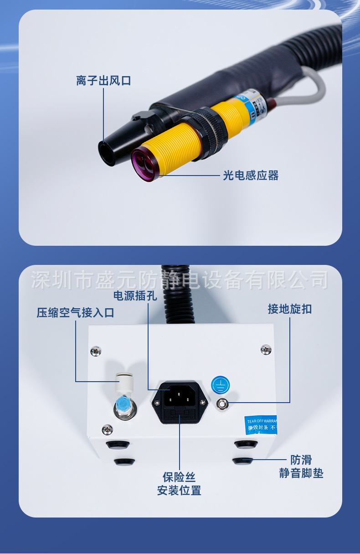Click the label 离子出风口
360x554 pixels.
point(103,81)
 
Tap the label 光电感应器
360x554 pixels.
point(251,175)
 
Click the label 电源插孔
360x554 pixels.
point(135,296)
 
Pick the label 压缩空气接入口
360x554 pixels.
point(75,313)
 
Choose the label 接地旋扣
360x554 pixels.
point(290,309)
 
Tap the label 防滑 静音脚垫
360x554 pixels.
point(301,466)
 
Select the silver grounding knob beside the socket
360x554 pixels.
point(222,404)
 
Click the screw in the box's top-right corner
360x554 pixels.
point(266,350)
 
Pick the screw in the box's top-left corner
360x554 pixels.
point(96,351)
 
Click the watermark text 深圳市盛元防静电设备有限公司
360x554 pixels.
point(180,280)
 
